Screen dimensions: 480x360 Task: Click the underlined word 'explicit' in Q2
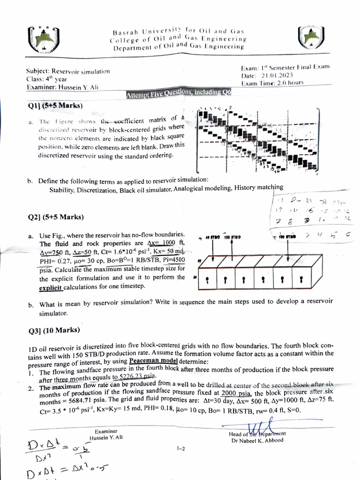51,286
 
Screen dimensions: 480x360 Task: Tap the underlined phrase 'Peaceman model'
153,361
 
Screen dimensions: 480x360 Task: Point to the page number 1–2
181,449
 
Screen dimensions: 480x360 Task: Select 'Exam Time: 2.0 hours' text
272,82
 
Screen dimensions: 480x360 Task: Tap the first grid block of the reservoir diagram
208,280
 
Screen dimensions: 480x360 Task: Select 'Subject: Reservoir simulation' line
68,71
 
